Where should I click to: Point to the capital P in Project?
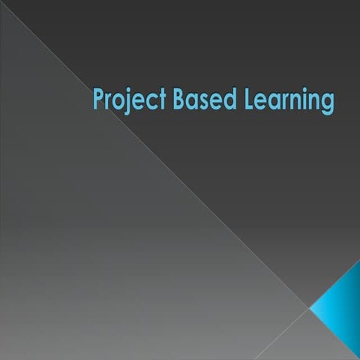tap(97, 98)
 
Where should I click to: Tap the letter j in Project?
tap(127, 101)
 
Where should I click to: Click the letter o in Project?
tap(118, 100)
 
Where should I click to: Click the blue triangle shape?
tap(342, 307)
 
